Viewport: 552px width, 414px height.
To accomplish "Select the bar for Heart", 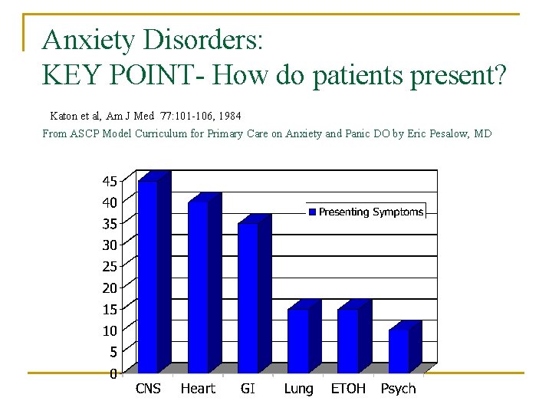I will tap(198, 287).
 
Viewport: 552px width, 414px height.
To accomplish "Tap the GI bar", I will tap(248, 297).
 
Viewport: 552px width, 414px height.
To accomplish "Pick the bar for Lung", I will tap(297, 340).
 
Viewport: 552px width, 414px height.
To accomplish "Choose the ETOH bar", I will tap(347, 340).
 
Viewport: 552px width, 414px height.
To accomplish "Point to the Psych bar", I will tap(398, 351).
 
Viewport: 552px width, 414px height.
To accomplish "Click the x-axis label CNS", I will tap(148, 389).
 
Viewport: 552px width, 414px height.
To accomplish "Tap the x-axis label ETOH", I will tap(348, 389).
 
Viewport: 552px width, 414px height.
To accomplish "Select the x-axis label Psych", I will tap(398, 389).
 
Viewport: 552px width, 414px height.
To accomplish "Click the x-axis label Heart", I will tap(198, 389).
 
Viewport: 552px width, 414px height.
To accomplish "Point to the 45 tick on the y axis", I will tap(110, 182).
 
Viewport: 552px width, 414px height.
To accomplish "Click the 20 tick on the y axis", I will tap(110, 288).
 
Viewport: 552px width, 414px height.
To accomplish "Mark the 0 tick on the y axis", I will tap(113, 374).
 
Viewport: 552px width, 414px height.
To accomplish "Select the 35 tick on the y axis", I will tap(110, 224).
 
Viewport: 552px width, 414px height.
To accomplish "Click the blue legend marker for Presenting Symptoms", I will tap(312, 212).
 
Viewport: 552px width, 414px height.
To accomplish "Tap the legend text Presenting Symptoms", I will tap(371, 212).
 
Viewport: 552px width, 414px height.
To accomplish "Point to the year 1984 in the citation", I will tap(227, 116).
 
